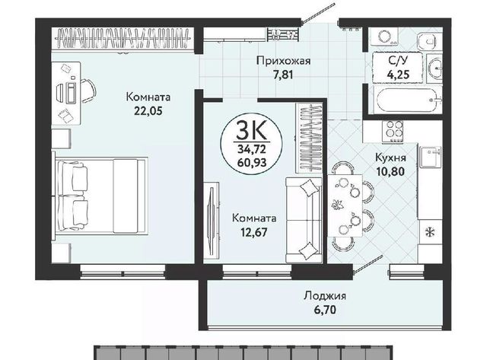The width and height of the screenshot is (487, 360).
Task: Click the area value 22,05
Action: click(x=148, y=111)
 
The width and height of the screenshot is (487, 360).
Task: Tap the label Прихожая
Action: click(x=283, y=61)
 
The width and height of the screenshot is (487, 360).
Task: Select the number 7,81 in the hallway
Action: click(x=283, y=75)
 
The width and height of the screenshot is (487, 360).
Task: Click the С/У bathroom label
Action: click(x=398, y=61)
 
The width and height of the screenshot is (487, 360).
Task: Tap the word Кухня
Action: click(x=390, y=158)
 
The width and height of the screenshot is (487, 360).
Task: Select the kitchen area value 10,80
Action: click(x=390, y=171)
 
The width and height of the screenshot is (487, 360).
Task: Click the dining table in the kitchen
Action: click(x=345, y=205)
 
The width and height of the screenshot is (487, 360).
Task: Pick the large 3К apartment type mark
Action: click(x=251, y=130)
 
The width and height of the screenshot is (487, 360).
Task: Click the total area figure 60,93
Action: click(x=252, y=162)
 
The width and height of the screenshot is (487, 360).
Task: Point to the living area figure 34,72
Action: click(x=252, y=149)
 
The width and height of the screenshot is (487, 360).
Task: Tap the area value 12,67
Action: click(x=254, y=232)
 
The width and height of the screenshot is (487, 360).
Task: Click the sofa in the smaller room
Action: click(x=304, y=220)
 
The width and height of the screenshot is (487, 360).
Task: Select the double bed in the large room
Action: click(x=101, y=196)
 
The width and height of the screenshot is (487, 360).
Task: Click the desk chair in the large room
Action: click(x=88, y=91)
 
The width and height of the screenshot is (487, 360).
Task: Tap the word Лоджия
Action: click(x=325, y=295)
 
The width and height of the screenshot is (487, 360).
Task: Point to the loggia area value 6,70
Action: click(x=325, y=310)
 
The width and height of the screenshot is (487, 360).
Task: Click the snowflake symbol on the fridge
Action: click(x=430, y=231)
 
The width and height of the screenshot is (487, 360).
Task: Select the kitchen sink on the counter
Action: click(x=431, y=157)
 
